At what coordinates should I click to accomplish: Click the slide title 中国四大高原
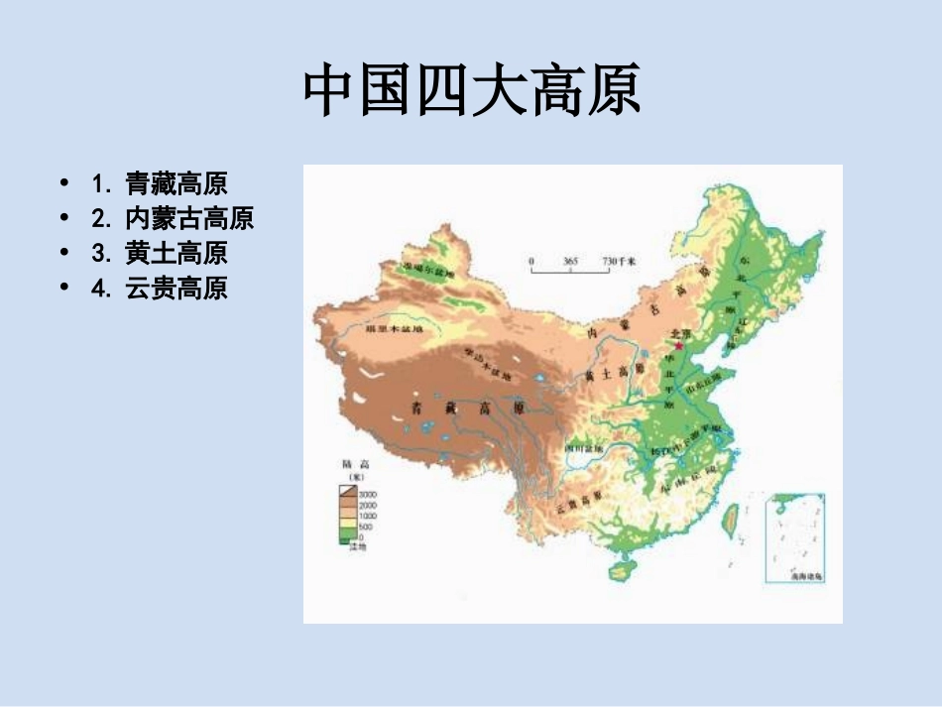coord(471,91)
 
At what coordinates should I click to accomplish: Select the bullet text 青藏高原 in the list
coord(176,183)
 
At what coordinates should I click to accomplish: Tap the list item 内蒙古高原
coord(188,218)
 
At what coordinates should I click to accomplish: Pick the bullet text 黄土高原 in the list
coord(176,253)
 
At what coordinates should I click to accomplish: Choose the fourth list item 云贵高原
coord(176,288)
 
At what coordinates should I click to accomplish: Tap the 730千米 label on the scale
coord(619,260)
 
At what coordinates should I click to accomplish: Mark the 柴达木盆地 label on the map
coord(488,365)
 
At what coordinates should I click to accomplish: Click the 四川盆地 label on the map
coord(584,448)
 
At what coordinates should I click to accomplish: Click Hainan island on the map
coord(623,569)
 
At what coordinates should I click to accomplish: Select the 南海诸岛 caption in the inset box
coord(806,575)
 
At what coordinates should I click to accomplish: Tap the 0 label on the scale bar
coord(531,260)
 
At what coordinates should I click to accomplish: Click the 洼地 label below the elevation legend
coord(357,546)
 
